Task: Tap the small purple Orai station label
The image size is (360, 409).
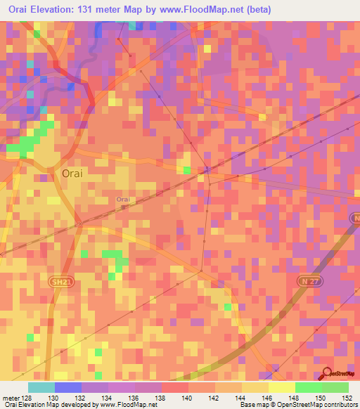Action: tap(123, 200)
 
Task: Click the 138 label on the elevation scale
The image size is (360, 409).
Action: tap(162, 397)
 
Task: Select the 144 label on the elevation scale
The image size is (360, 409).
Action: tap(242, 397)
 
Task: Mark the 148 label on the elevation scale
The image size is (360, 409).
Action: tap(295, 397)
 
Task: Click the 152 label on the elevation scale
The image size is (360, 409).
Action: tap(348, 397)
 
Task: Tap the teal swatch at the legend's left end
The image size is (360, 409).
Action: tap(41, 387)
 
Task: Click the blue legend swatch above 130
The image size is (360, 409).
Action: tap(67, 387)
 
